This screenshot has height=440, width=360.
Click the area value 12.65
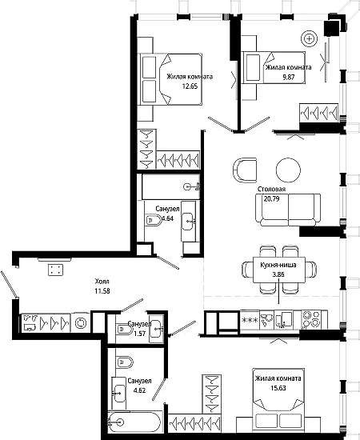coord(190,86)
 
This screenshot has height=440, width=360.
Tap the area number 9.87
coord(289,77)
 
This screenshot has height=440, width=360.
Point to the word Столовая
coord(272,189)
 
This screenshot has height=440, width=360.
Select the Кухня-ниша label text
coord(278,265)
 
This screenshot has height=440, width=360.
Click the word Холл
coord(102,281)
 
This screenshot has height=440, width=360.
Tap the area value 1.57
coord(139,333)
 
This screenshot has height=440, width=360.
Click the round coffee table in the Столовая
coord(288,170)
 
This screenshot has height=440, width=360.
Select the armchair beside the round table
coord(245,170)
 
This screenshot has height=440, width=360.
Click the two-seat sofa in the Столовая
coord(288,210)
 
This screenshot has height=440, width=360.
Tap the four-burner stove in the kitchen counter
coord(314,318)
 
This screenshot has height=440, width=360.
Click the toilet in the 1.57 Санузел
coord(124,329)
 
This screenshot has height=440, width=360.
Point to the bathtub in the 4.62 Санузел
coord(134,422)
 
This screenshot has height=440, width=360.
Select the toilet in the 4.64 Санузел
coord(154,220)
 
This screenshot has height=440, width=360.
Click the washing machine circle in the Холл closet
coord(81,322)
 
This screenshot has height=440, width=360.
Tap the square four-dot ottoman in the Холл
coord(55,270)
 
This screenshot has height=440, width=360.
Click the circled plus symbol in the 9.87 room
coord(309,38)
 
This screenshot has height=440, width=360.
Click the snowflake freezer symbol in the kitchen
coord(250,320)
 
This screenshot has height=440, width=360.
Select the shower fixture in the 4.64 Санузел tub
coord(192,186)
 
